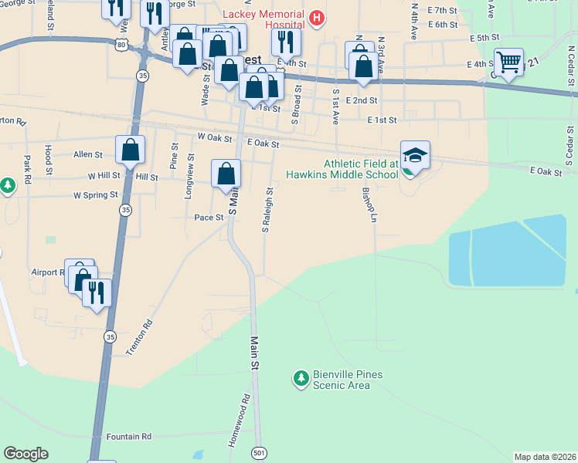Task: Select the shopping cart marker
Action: [x=508, y=62]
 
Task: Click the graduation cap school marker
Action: [x=415, y=156]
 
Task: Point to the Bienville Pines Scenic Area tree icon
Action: [x=301, y=379]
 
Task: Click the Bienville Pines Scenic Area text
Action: [x=348, y=380]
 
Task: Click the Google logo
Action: [x=25, y=454]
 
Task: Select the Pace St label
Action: [x=209, y=218]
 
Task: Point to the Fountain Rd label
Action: [x=128, y=437]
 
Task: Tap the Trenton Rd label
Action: [x=139, y=338]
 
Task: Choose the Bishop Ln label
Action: [x=369, y=204]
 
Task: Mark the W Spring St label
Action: [x=96, y=195]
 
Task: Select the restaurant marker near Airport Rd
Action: [x=97, y=292]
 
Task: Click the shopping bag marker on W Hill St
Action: [x=130, y=150]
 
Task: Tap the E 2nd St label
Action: [x=362, y=100]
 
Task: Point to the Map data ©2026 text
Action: [x=546, y=457]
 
